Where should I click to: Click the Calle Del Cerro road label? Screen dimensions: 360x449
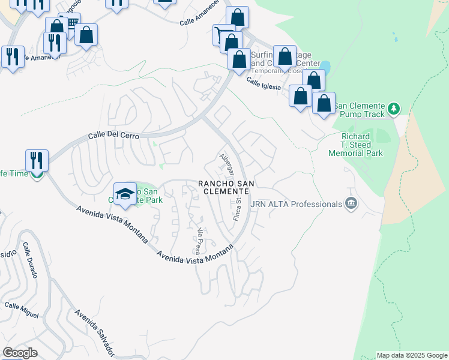[x=114, y=136]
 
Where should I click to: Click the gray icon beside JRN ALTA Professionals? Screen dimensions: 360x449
[x=351, y=205]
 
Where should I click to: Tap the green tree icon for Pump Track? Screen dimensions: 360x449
[x=394, y=109]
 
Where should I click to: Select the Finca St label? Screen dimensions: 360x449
[x=238, y=209]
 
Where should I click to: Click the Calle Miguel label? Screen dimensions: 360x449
[x=22, y=310]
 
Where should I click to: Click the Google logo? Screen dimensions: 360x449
[x=20, y=353]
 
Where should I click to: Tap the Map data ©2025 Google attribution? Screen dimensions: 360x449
[x=412, y=355]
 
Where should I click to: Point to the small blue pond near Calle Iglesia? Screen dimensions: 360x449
[x=325, y=66]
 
